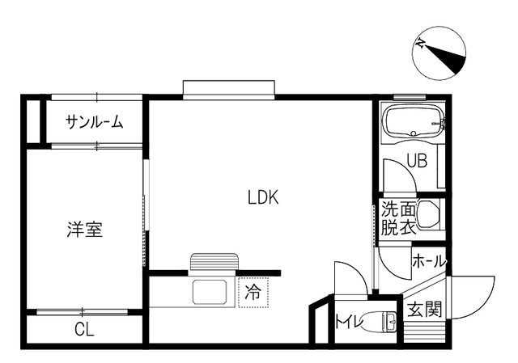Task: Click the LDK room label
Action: point(263,197)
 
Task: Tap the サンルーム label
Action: point(94,122)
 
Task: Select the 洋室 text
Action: point(84,230)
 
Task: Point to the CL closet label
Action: point(84,328)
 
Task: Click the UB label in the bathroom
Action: point(417,161)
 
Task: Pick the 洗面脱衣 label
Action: point(398,218)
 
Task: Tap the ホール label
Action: point(429,262)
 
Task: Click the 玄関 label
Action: point(424,309)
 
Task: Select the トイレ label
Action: point(349,321)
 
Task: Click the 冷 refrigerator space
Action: point(253,293)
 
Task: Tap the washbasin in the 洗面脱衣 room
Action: point(428,214)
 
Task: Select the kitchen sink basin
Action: point(210,292)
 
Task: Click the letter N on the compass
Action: point(421,43)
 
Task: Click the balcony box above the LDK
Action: point(229,90)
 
